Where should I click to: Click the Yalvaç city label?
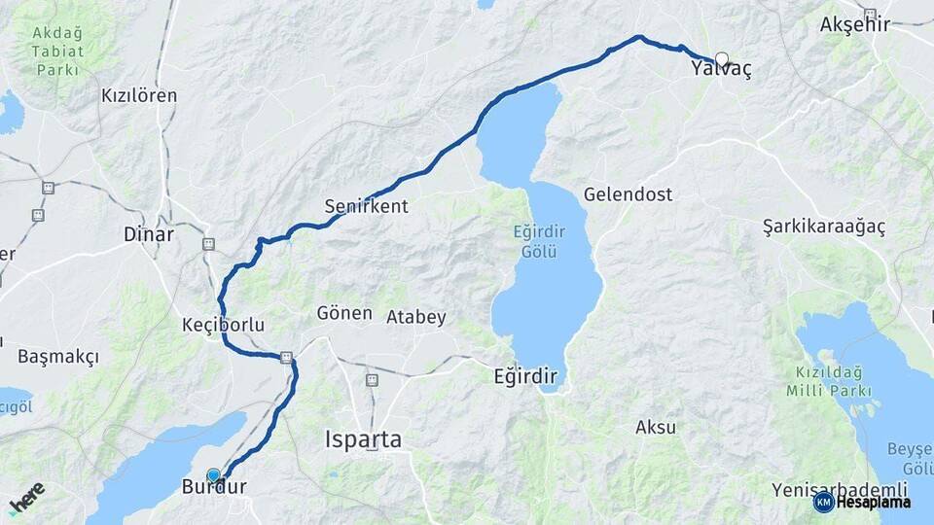coord(721,71)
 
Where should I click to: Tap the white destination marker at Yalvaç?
coord(722,58)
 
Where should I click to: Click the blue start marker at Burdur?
coord(214,475)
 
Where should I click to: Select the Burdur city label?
coord(214,488)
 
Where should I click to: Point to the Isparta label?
coord(363,439)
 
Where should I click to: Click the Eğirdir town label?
coord(526,375)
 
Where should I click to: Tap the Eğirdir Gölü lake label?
coord(535,242)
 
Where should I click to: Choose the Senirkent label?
coord(366,206)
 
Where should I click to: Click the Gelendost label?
coord(628,194)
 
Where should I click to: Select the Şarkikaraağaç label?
coord(824,227)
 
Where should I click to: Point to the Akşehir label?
coord(855,24)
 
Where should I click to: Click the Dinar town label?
coord(149,234)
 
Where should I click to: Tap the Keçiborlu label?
coord(224,324)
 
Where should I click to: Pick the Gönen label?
coord(344,313)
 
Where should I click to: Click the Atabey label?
coord(416,317)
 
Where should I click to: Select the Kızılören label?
coord(139,95)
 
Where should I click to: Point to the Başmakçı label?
coord(58,357)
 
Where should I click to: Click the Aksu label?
coord(656,427)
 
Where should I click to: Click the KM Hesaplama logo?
coord(863,502)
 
